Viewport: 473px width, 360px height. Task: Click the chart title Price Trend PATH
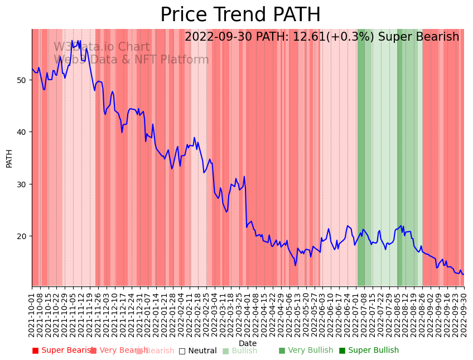tap(240, 15)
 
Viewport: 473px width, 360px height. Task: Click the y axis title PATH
tap(9, 158)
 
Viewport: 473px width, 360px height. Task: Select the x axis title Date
tap(248, 343)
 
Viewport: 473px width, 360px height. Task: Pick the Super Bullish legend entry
tap(369, 351)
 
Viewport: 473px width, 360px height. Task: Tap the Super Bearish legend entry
tap(61, 351)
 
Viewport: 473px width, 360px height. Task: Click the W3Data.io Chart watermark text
tap(102, 47)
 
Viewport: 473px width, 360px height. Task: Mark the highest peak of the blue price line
tap(72, 40)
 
